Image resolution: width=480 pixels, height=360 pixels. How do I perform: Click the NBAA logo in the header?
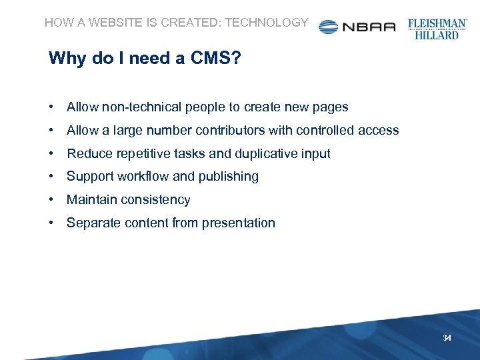[357, 27]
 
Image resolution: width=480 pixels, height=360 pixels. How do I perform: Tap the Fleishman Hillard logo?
[437, 29]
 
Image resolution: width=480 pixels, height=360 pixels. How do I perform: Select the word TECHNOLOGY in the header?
[267, 23]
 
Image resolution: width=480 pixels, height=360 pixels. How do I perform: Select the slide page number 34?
[447, 339]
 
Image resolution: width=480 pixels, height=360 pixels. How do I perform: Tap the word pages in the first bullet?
[331, 107]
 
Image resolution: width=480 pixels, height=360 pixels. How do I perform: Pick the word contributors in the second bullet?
[231, 131]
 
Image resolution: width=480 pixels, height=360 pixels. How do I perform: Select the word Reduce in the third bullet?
[89, 153]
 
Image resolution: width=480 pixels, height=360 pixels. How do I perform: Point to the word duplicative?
[267, 153]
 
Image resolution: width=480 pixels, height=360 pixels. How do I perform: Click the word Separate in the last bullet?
[93, 223]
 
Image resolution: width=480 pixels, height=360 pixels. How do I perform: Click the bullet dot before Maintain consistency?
[51, 200]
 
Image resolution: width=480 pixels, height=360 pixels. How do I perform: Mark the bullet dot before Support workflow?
[51, 177]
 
